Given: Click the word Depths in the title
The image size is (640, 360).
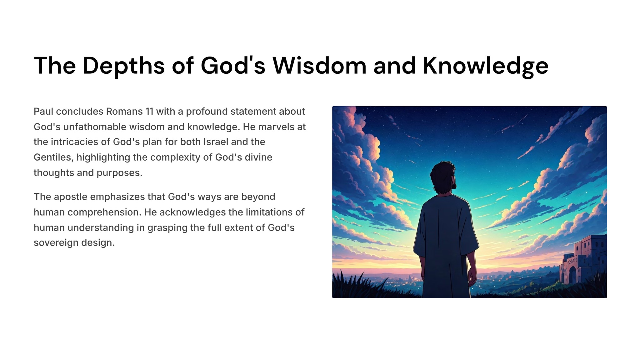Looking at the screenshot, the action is (x=123, y=66).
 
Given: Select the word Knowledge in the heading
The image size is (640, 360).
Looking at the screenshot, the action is (x=486, y=66).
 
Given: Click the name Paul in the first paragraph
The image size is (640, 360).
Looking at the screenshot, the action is (x=43, y=112).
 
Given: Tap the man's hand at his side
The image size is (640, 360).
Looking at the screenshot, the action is (x=472, y=277).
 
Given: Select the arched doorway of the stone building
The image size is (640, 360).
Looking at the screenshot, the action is (x=572, y=275).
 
